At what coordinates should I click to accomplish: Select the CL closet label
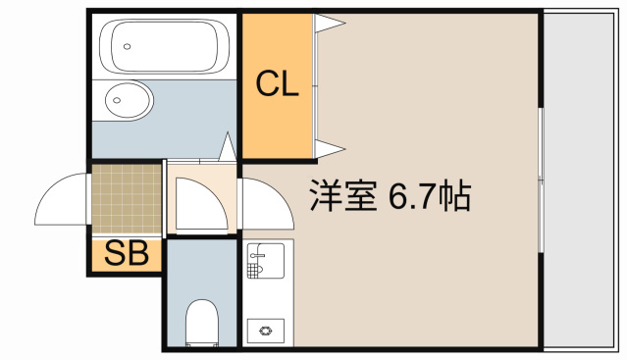point(278,85)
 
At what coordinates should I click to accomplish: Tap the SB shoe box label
point(127,255)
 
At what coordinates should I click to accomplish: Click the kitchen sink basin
point(265,262)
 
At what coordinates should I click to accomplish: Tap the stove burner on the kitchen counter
point(265,331)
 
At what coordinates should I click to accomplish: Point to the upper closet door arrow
point(329,25)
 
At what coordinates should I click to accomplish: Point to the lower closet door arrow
point(329,150)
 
